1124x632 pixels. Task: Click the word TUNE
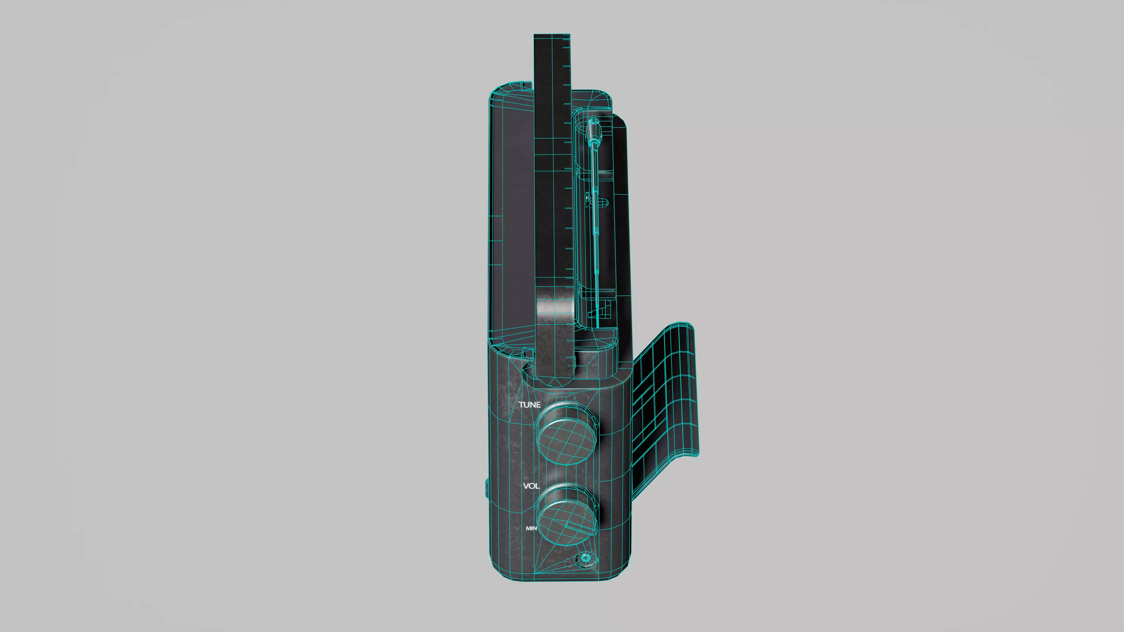(x=529, y=405)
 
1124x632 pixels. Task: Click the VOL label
(x=531, y=486)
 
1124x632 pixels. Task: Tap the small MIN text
(x=531, y=528)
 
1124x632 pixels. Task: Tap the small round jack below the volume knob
(x=585, y=558)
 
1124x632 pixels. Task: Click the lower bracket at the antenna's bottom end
(x=602, y=310)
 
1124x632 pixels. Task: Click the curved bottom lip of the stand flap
(x=685, y=456)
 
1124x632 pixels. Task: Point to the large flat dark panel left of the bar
(x=513, y=218)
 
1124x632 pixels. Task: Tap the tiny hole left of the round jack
(x=567, y=564)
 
